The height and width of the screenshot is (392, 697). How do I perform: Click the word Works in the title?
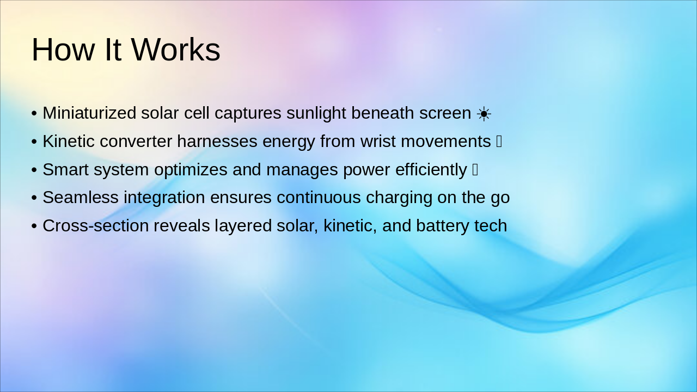pos(175,50)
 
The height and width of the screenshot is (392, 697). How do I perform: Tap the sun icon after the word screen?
pos(484,114)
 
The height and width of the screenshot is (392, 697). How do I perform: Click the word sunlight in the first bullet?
pos(316,113)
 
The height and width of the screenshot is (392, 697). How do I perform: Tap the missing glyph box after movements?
pos(499,142)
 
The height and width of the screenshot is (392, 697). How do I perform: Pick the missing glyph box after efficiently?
pos(475,170)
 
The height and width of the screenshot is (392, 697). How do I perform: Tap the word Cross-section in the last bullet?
pos(95,226)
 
